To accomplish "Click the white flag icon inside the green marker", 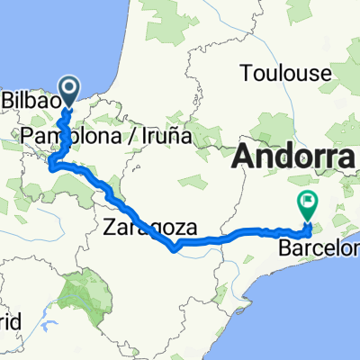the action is click(309, 201).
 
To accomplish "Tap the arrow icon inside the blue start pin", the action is click(68, 87).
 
